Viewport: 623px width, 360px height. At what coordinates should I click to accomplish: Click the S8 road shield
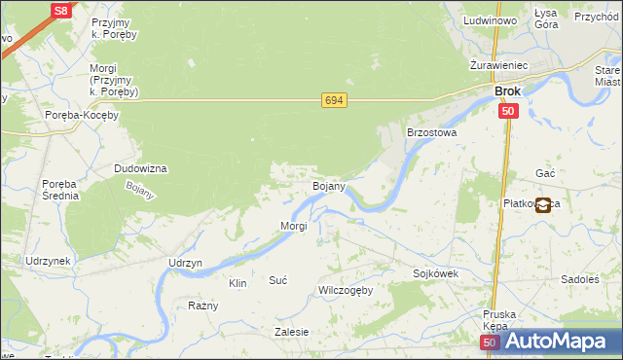[60, 10]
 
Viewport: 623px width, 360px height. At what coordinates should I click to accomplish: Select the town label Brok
[507, 91]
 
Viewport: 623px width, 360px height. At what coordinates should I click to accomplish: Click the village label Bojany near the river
[327, 185]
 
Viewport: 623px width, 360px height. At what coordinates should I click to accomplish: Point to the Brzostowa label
[431, 131]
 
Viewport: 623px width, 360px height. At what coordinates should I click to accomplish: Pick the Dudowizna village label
[141, 168]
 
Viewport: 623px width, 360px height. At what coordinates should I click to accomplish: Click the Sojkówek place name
[435, 274]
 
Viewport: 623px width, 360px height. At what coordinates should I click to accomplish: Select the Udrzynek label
[48, 262]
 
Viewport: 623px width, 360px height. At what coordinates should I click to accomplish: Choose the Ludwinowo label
[490, 20]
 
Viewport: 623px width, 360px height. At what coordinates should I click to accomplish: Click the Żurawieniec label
[497, 65]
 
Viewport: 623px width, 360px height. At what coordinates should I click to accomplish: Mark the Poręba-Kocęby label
[82, 115]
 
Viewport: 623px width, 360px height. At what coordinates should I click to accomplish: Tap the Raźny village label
[203, 306]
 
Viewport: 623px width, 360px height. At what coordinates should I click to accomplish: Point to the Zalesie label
[291, 332]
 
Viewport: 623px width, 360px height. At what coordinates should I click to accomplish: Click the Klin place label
[237, 283]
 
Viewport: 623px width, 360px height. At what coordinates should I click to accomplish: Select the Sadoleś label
[580, 279]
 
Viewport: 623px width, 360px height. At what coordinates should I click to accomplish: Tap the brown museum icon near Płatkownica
[542, 204]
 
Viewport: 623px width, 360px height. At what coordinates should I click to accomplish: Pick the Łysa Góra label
[546, 18]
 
